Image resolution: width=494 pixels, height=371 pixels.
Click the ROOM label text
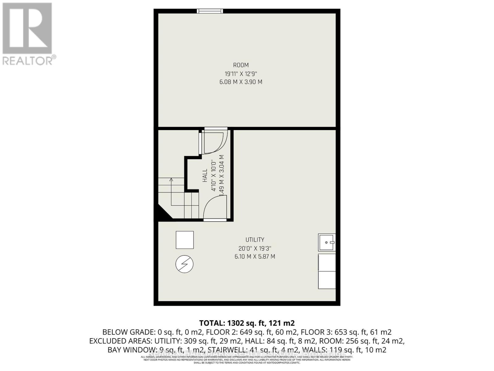[x=241, y=65]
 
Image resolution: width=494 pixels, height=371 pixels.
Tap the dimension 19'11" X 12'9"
[x=241, y=74]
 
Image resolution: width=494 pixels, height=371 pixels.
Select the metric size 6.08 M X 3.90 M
[x=241, y=82]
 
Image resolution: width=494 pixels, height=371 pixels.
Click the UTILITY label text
[x=255, y=240]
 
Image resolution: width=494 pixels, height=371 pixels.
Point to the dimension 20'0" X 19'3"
[x=255, y=248]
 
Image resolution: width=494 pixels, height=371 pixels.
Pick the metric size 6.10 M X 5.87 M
[x=255, y=257]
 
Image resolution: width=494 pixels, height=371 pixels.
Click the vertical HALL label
[x=205, y=176]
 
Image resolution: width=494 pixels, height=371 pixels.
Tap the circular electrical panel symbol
[x=184, y=264]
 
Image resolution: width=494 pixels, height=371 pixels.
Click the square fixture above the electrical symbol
[x=185, y=240]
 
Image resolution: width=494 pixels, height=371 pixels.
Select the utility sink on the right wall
[x=327, y=242]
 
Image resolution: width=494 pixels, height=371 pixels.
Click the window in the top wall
[x=210, y=11]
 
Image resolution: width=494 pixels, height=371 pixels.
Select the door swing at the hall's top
[x=213, y=142]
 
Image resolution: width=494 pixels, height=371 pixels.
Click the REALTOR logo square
[x=27, y=28]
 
